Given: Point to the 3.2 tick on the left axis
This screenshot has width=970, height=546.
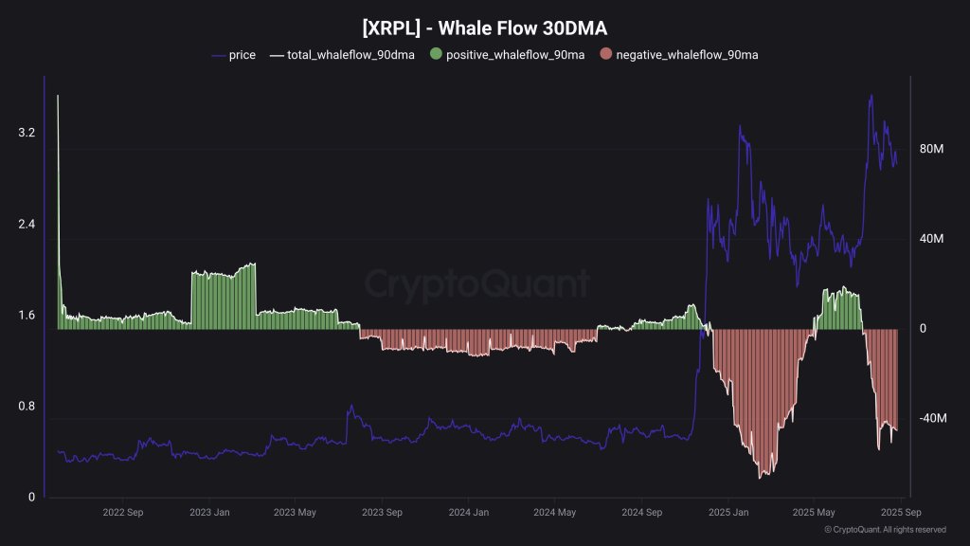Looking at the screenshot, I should pos(27,134).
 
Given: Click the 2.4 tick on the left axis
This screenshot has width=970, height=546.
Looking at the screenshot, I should pos(27,225).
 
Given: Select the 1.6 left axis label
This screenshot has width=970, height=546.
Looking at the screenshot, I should pos(27,316).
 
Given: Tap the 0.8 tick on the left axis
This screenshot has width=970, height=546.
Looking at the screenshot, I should pos(27,407).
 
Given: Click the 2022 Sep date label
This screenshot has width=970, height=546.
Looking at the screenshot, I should pos(122,513).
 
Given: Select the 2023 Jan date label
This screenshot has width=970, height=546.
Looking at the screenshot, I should pos(209,513).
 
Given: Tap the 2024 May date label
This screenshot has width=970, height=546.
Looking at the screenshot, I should pos(554,513).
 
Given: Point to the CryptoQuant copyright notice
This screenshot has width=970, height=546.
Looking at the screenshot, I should pos(885,530).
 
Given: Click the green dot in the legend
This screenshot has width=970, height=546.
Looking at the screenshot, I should pos(435,55).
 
